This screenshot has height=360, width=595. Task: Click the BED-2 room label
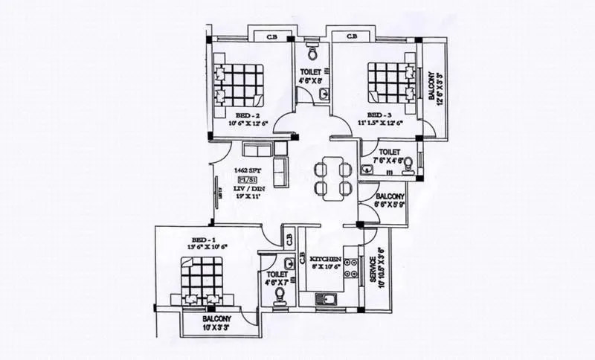coord(248,116)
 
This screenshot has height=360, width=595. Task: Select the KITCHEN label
coord(326,260)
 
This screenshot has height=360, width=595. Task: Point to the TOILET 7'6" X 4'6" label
coord(388,155)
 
